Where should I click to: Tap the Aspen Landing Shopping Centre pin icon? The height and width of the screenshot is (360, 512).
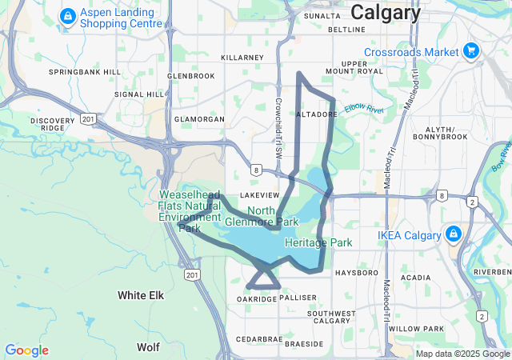[x=68, y=14]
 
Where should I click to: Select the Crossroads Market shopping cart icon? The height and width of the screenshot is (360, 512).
[x=471, y=52]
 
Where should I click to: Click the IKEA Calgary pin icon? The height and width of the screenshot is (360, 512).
[x=453, y=234]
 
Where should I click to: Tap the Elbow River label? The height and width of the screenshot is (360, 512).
[x=364, y=109]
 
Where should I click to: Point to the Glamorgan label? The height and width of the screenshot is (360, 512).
[x=199, y=119]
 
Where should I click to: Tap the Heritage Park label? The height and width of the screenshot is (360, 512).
[x=318, y=242]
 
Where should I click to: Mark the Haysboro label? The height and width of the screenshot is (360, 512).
[x=356, y=273]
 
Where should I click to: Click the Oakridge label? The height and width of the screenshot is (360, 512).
[x=257, y=298]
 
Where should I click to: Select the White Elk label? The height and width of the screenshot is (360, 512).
[x=141, y=295]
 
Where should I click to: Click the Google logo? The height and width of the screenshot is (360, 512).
[x=26, y=350]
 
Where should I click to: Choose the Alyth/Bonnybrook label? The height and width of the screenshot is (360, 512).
[x=440, y=133]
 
